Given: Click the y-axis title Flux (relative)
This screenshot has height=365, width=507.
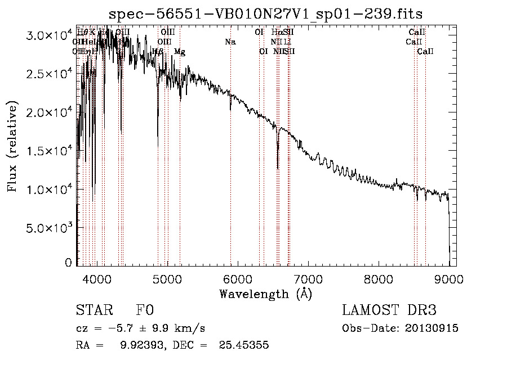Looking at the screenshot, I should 12,148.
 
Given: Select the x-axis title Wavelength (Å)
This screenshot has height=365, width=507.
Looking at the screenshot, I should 266,293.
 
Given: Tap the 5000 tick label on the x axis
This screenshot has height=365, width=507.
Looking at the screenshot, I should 167,278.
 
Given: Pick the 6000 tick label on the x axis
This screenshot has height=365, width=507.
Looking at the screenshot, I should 238,278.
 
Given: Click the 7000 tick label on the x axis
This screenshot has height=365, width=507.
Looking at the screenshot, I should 308,278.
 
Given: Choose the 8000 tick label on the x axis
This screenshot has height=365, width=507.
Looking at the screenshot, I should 379,278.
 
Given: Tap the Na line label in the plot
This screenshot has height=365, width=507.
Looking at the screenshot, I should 230,42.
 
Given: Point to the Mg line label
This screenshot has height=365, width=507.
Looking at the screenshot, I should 179,52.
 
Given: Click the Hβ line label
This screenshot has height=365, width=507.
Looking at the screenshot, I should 158,52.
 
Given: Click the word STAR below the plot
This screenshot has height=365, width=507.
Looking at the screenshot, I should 93,310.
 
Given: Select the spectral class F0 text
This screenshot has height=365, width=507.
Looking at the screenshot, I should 144,310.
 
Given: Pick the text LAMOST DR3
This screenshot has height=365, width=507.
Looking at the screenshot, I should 389,310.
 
